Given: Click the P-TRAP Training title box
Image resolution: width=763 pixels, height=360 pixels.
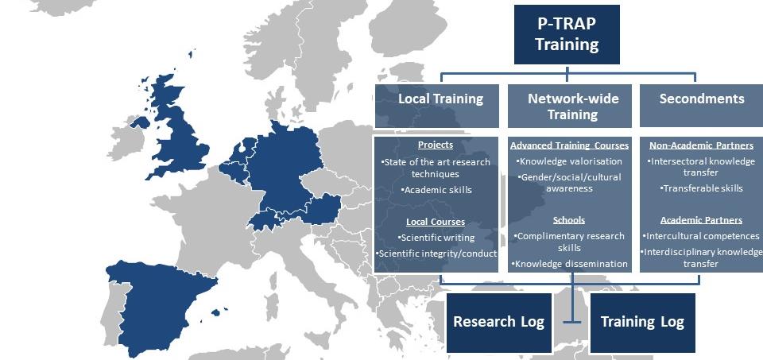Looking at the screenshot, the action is click(567, 34).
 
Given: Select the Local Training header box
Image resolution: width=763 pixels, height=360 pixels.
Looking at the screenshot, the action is click(437, 106).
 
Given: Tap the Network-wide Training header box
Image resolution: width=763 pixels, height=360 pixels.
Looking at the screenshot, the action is click(570, 106).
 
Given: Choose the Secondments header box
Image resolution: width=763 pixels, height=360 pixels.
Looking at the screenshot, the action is click(702, 106).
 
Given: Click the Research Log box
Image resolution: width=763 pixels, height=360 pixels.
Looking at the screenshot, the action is click(499, 323).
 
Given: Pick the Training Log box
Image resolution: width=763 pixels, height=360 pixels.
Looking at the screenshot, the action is click(642, 323).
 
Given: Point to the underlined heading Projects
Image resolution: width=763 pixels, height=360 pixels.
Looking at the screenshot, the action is click(436, 145).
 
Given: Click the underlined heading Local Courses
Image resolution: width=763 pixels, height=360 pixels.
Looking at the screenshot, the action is click(436, 222).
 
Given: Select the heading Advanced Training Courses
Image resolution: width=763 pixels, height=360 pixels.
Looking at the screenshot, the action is click(569, 145).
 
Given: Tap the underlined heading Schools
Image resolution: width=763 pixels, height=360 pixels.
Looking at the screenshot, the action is click(569, 220).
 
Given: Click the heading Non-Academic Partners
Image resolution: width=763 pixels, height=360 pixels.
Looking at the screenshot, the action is click(702, 145).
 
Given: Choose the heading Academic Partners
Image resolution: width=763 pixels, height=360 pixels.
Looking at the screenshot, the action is click(701, 220).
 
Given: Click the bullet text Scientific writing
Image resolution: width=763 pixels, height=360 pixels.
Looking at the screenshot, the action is click(436, 238).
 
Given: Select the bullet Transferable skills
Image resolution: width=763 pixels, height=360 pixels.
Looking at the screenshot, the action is click(702, 188).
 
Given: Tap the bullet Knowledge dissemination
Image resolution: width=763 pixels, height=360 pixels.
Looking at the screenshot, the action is click(569, 264).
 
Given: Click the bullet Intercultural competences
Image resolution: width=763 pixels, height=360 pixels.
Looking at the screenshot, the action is click(701, 236).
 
